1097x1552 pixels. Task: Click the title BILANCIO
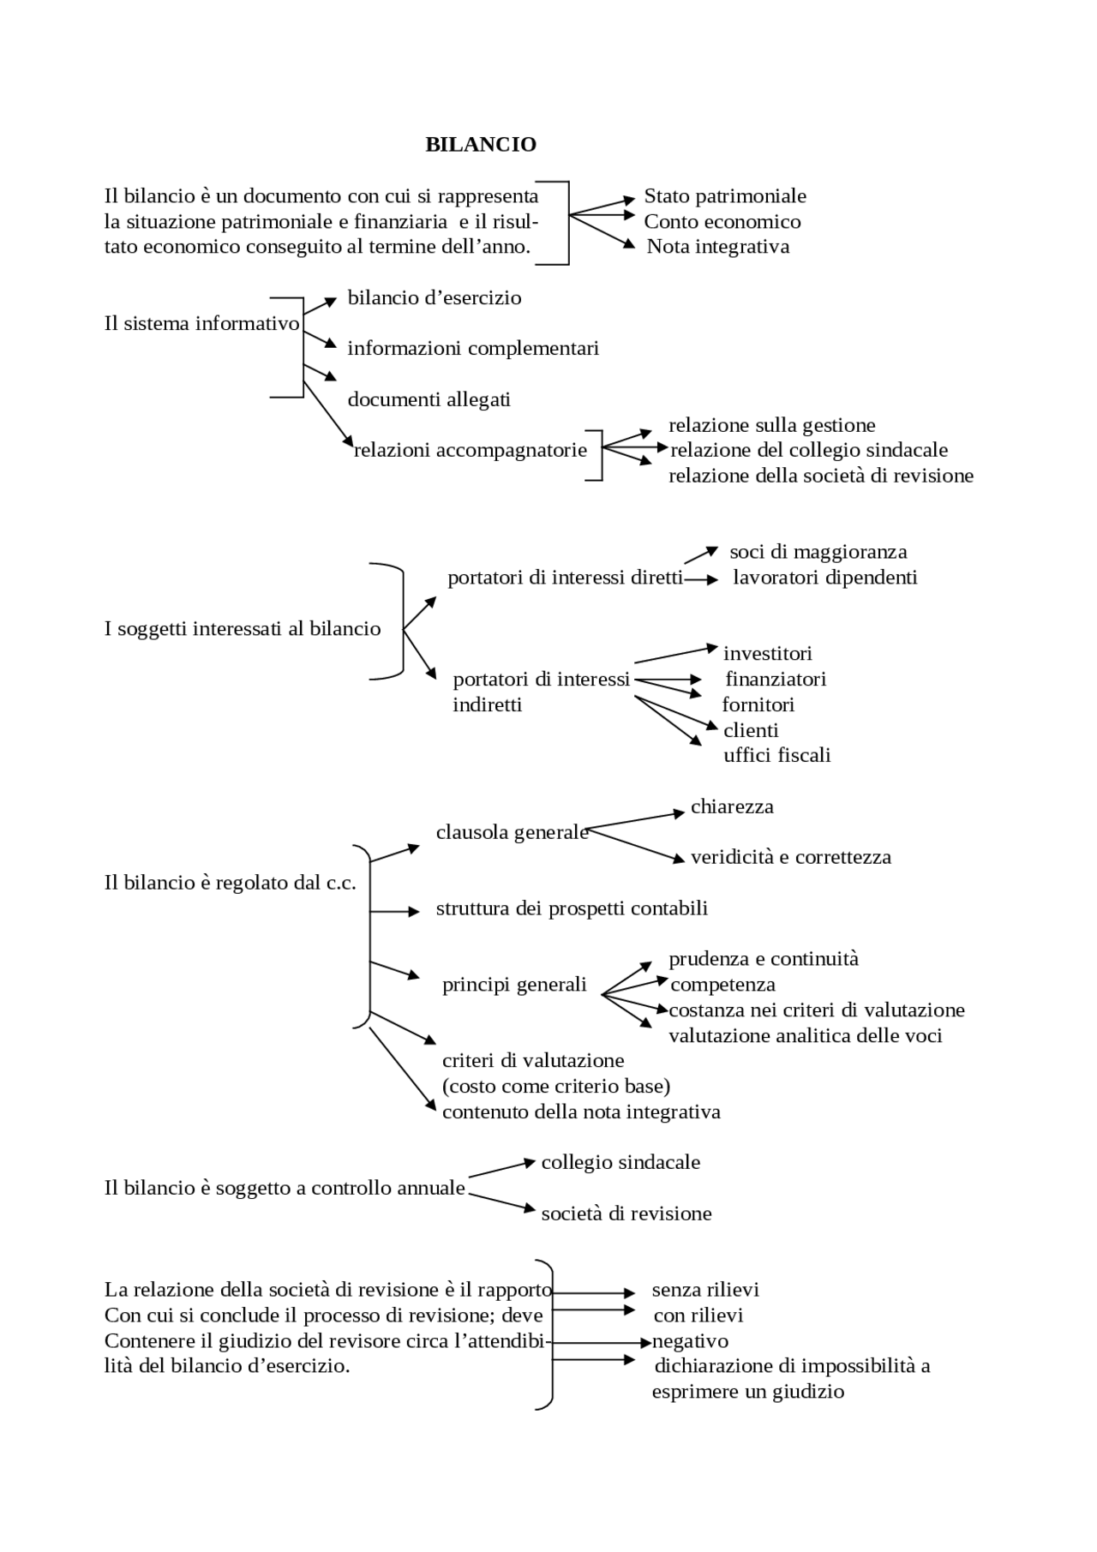click(x=481, y=145)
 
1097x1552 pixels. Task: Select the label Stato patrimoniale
click(x=724, y=196)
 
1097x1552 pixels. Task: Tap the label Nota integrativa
click(x=717, y=247)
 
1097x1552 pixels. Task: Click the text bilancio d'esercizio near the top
click(x=434, y=298)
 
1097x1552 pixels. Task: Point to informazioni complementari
click(x=472, y=349)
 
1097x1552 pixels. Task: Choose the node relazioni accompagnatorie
click(x=471, y=450)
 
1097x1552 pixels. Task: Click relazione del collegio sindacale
click(x=808, y=450)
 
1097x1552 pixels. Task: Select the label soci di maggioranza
click(x=818, y=552)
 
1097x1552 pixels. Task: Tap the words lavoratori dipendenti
click(x=824, y=578)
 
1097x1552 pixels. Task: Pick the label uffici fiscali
click(x=776, y=755)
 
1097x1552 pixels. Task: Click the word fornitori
click(x=758, y=704)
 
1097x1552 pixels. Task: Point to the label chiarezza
click(x=732, y=806)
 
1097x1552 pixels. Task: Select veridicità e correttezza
click(x=790, y=857)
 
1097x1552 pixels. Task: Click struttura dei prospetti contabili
click(x=572, y=908)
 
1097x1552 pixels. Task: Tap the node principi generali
click(x=514, y=985)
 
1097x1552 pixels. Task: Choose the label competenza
click(x=722, y=985)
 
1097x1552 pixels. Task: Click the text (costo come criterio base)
click(x=555, y=1087)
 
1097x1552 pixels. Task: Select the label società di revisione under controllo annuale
click(x=626, y=1213)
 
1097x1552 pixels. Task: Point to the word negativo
click(x=690, y=1341)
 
